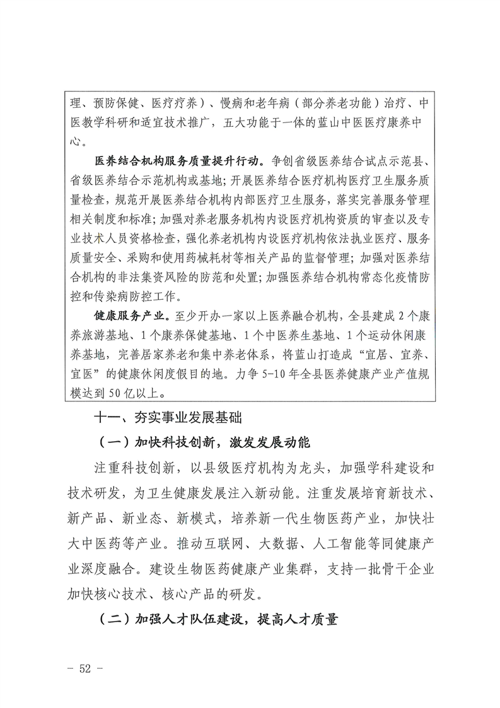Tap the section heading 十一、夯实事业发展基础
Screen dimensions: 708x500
tap(168, 418)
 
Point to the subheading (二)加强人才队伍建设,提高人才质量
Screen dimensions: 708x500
tap(218, 619)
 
